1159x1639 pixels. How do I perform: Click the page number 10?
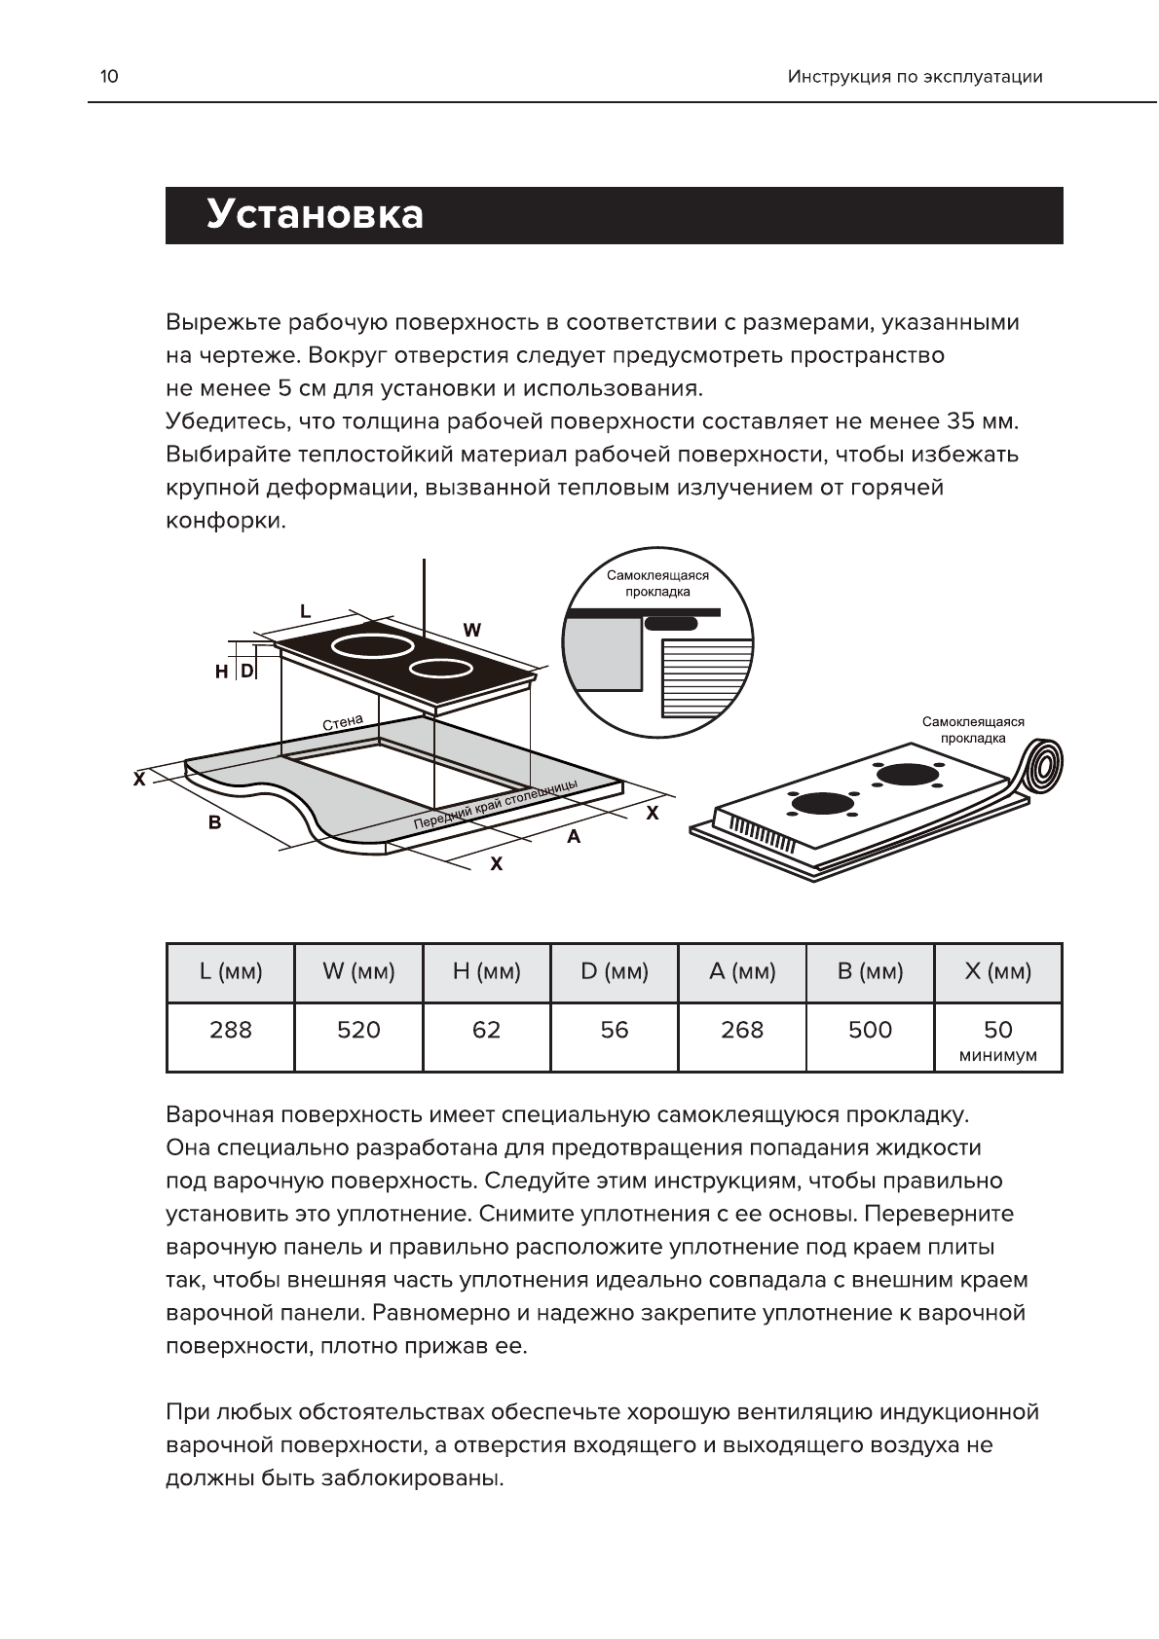(109, 77)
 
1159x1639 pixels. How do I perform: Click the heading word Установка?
(315, 215)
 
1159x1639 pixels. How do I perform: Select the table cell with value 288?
(231, 1030)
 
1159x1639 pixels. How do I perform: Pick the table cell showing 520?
(358, 1030)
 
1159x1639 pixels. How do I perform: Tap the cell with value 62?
(486, 1030)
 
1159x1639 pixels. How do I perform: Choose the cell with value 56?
(615, 1030)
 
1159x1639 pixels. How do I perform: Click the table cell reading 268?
(742, 1030)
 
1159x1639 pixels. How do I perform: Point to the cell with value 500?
(870, 1030)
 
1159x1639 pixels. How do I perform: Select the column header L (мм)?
(231, 971)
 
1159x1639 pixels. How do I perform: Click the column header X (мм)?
(998, 971)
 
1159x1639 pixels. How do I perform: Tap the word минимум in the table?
(998, 1056)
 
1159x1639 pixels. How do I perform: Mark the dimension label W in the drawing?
(472, 630)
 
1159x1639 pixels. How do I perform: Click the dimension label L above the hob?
(305, 611)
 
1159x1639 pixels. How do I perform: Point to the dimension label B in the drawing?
(214, 823)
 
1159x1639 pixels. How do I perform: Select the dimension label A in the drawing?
(574, 836)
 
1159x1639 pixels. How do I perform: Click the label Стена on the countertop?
(342, 722)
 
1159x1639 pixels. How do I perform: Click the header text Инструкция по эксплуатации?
(915, 77)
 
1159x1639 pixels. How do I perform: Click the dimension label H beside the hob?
(222, 672)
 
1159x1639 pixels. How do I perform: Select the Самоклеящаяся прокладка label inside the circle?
(657, 583)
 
